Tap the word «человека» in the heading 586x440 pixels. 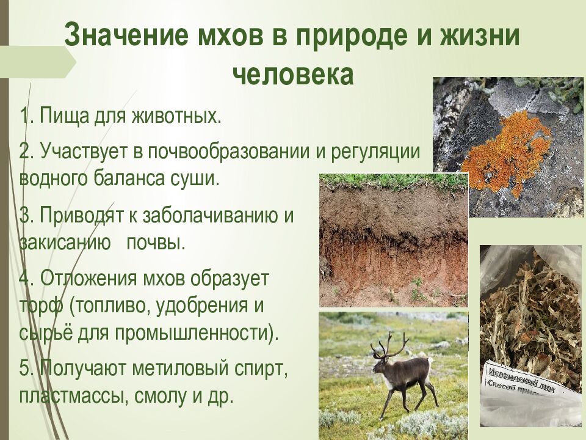(x=292, y=75)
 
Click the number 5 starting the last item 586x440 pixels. (x=24, y=369)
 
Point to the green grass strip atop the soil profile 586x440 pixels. (x=394, y=181)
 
